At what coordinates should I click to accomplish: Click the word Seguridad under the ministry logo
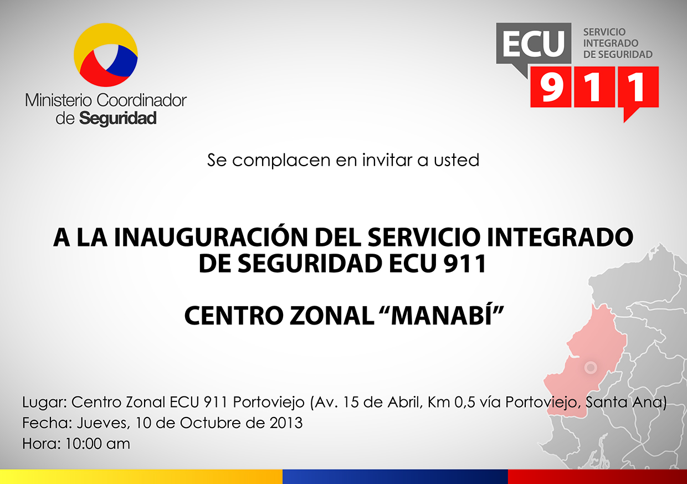click(x=118, y=119)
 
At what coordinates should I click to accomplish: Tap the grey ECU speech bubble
click(x=534, y=45)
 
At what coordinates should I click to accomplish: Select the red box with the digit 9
click(x=551, y=87)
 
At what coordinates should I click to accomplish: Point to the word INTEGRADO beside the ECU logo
click(x=611, y=43)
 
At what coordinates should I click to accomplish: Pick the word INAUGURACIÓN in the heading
click(x=211, y=237)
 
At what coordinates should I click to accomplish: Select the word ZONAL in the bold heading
click(x=332, y=316)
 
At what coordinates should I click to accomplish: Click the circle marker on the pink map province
click(x=591, y=367)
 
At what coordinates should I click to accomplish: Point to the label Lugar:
click(x=45, y=403)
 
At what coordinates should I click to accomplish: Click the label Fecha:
click(x=47, y=423)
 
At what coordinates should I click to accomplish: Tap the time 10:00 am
click(x=98, y=444)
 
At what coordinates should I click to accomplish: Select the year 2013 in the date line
click(x=286, y=423)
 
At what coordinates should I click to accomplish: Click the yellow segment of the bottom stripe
click(x=141, y=477)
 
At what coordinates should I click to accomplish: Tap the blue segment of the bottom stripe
click(x=395, y=477)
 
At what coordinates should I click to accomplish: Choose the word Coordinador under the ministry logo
click(x=141, y=100)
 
